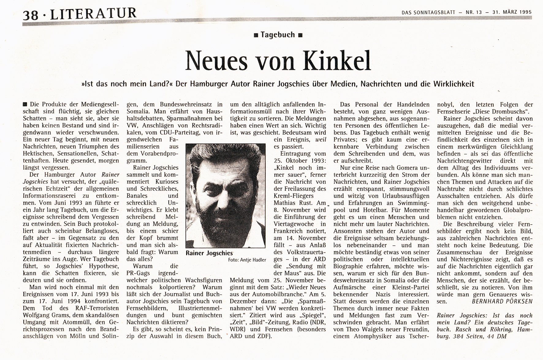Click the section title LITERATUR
coord(93,13)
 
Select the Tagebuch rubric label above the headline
coord(278,35)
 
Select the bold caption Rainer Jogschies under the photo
coord(209,253)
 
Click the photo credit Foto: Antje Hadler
coord(247,260)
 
